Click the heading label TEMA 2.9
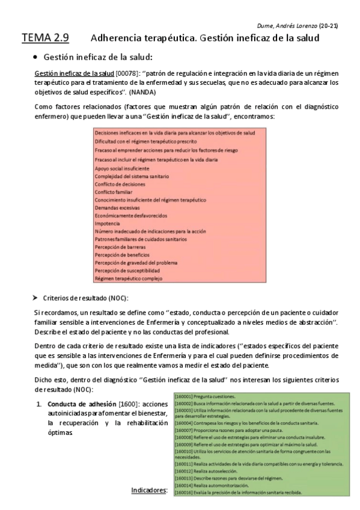(45, 38)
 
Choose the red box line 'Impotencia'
(107, 223)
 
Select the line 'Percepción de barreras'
(120, 247)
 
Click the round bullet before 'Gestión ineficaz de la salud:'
(37, 57)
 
